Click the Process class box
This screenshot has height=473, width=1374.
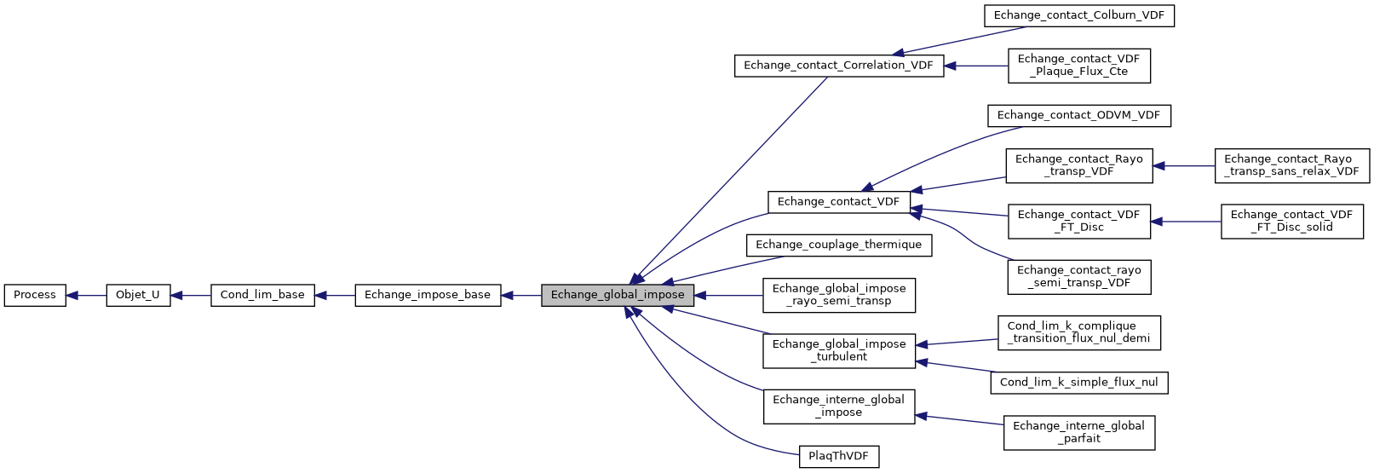[x=35, y=295]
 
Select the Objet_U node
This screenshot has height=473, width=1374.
[x=138, y=295]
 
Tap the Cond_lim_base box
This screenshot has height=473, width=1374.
[x=262, y=295]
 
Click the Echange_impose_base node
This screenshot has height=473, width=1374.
[x=428, y=295]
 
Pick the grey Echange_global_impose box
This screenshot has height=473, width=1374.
[x=618, y=295]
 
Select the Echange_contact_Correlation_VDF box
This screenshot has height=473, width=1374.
[x=838, y=66]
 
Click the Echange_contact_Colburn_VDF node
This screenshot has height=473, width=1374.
[x=1078, y=15]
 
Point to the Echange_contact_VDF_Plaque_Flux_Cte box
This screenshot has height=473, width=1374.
[x=1078, y=66]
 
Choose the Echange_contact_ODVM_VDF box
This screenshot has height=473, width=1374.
[x=1078, y=115]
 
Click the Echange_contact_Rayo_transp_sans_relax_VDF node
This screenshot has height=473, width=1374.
[x=1291, y=165]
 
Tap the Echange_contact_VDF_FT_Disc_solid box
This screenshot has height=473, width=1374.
[x=1291, y=222]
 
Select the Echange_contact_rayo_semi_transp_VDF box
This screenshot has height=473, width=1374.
[x=1078, y=277]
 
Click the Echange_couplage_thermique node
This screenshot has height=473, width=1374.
[x=838, y=245]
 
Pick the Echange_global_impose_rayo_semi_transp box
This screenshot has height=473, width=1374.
[x=838, y=295]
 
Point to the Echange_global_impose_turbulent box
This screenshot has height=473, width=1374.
[x=838, y=350]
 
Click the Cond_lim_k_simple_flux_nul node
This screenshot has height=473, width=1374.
[x=1078, y=383]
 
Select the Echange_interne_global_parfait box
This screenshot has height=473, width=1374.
[x=1078, y=432]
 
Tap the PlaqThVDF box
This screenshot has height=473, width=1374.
[x=838, y=456]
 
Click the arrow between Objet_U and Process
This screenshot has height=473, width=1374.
[x=85, y=296]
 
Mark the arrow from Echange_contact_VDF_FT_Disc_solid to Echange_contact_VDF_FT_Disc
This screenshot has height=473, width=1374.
[x=1186, y=222]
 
